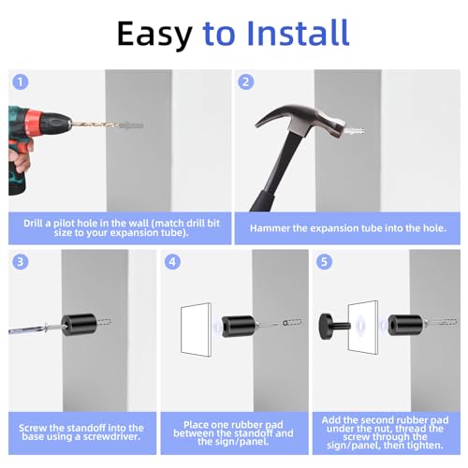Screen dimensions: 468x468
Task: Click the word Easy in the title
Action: click(x=154, y=35)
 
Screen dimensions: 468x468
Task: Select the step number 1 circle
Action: click(x=21, y=82)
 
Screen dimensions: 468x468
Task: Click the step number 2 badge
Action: click(x=245, y=81)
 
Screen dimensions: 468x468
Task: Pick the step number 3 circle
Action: click(x=21, y=261)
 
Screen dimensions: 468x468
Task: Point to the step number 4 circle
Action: click(x=172, y=261)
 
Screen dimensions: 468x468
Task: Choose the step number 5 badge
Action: click(x=324, y=261)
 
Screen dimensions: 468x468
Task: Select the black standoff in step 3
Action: click(x=79, y=325)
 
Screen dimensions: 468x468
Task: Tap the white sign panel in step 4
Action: click(x=197, y=329)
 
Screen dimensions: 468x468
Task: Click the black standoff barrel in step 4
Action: click(x=239, y=326)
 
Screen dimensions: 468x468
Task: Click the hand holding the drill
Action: click(x=20, y=156)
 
